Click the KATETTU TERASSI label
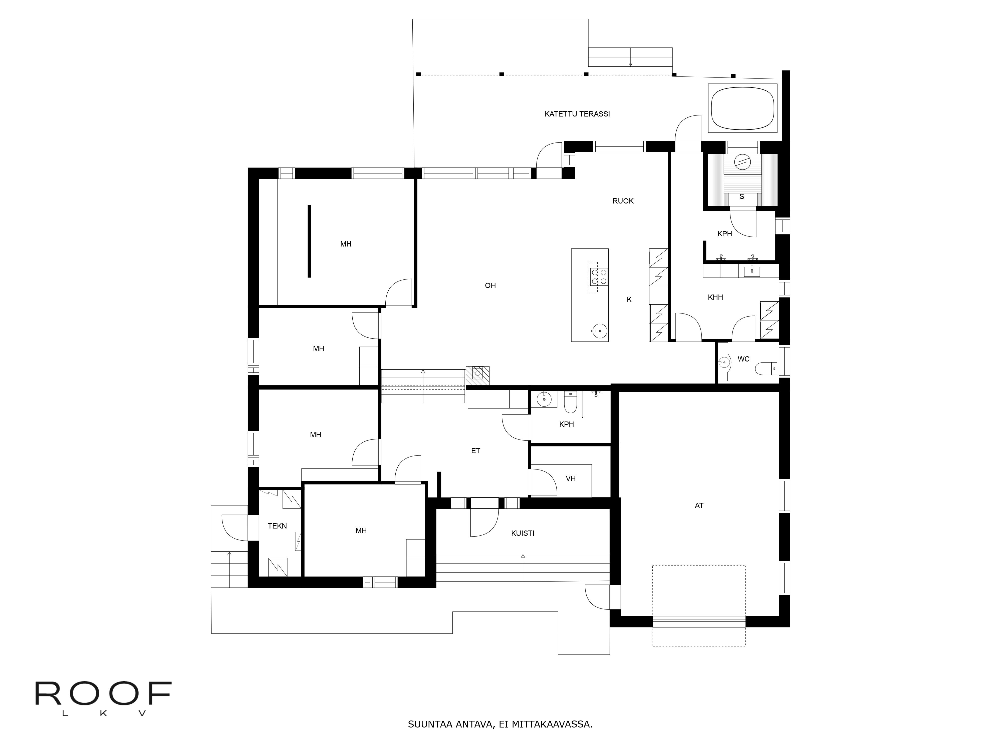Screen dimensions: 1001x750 577,114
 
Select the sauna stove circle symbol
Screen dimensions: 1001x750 742,161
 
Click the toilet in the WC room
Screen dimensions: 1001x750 766,368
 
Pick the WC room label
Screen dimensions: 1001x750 743,359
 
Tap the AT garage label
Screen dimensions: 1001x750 699,505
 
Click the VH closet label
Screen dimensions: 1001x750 571,478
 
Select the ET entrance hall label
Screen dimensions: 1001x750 476,451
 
